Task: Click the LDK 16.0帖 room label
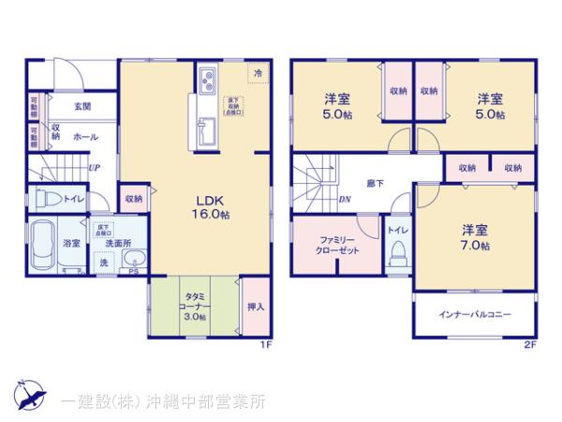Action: click(213, 206)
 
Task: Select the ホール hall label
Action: click(84, 136)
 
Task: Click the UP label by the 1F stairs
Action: click(95, 169)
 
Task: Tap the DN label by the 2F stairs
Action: click(345, 199)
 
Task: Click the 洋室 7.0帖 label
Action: click(474, 237)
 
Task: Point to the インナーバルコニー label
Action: click(476, 314)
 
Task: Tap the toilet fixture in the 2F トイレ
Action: click(396, 250)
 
